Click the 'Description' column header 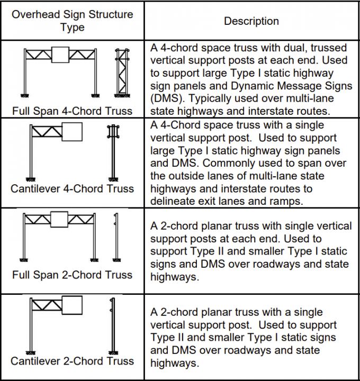tap(251, 21)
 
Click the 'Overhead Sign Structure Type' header tap(72, 21)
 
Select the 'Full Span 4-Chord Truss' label tap(73, 112)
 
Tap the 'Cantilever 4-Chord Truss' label tap(73, 188)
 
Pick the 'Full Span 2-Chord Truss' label tap(73, 275)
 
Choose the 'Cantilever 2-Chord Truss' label tap(73, 361)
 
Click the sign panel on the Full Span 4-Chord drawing tap(60, 55)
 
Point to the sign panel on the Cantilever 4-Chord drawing tap(72, 132)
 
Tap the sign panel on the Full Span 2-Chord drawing tap(60, 219)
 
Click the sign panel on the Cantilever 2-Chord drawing tap(72, 305)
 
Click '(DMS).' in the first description tap(168, 98)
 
